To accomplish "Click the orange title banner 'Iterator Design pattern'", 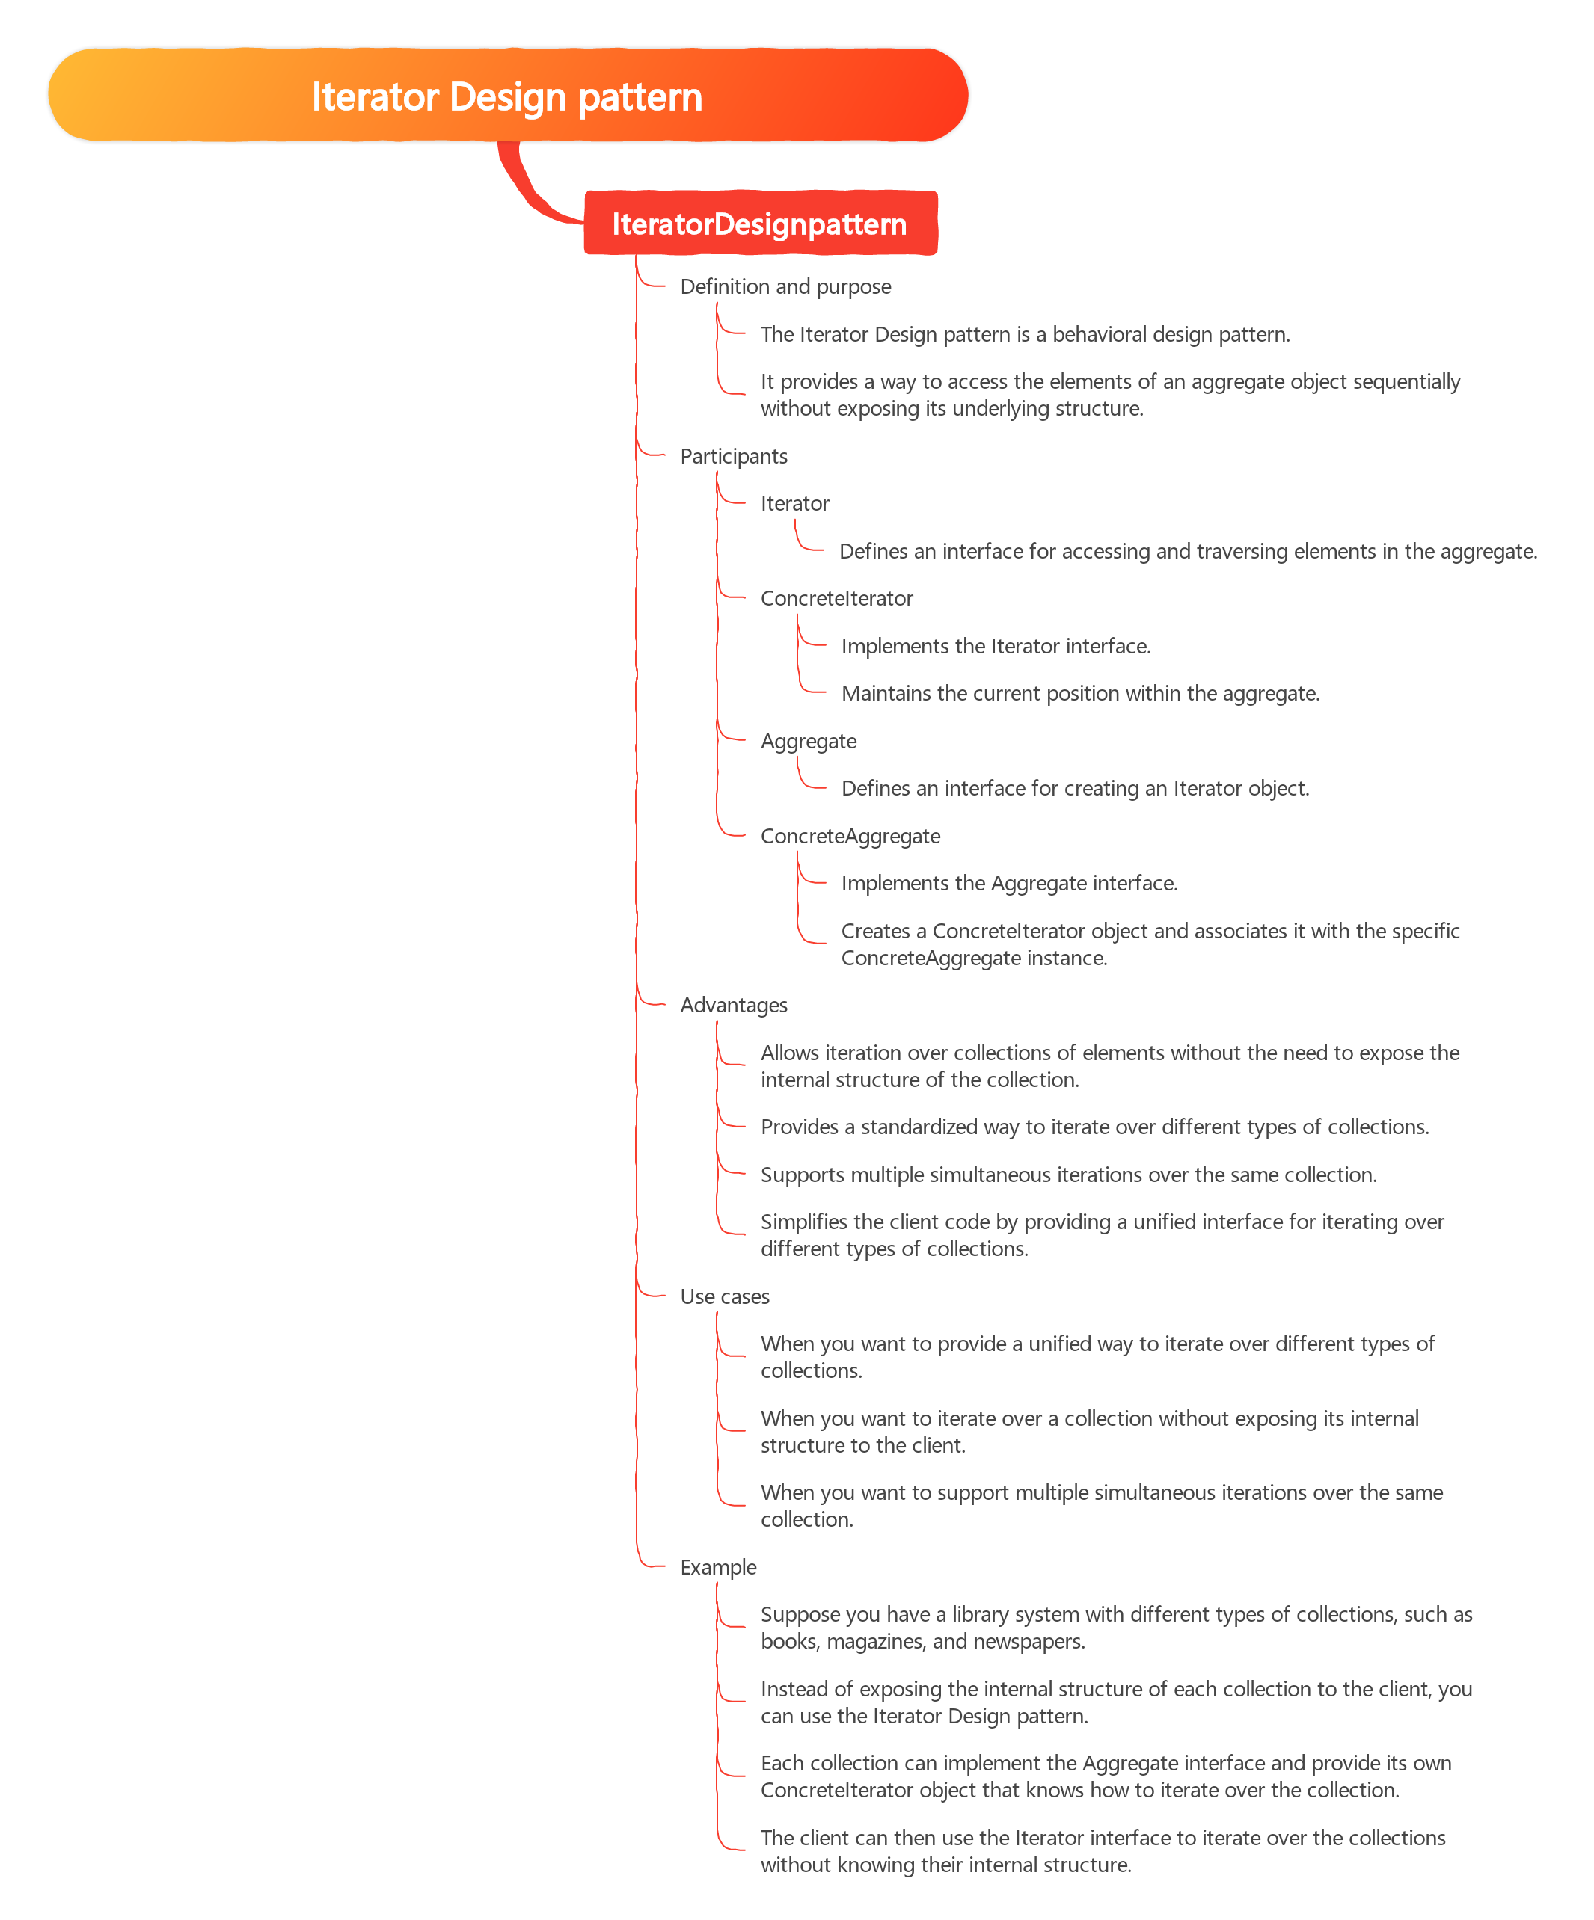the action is (508, 95).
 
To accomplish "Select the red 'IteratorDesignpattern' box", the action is (760, 223).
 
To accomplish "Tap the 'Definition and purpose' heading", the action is (785, 287).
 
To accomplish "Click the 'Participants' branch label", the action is (734, 456).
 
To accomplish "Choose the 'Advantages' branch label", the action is (734, 1006).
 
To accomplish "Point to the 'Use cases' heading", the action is (724, 1296).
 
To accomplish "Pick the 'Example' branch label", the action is (718, 1567).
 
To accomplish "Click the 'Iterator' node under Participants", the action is (794, 504).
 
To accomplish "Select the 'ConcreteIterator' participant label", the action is (837, 599).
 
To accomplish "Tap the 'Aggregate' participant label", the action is (809, 742).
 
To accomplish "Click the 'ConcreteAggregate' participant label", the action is (850, 837).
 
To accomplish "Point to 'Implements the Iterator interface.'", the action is (996, 647).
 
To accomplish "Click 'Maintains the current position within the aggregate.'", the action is (1080, 694).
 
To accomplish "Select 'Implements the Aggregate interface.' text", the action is (1010, 883).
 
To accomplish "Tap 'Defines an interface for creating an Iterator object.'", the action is (1076, 788).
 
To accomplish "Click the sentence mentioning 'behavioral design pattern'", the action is (1026, 335).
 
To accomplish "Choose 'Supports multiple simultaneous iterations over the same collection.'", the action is (1069, 1175).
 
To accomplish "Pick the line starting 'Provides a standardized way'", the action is (1094, 1127).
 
